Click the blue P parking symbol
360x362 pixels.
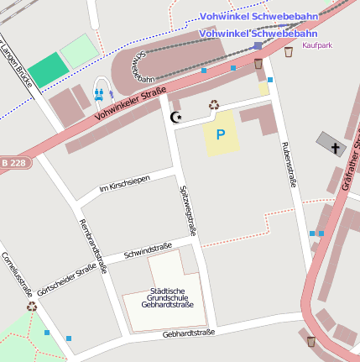[221, 134]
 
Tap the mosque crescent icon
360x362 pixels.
[176, 118]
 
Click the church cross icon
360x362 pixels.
[336, 149]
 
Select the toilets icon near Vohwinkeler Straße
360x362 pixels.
[100, 93]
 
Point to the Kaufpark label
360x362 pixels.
[317, 45]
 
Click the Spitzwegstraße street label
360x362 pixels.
[188, 209]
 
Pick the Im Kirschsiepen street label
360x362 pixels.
[126, 183]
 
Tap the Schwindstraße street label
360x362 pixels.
[147, 249]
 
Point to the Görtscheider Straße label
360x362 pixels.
[67, 279]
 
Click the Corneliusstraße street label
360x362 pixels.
[17, 274]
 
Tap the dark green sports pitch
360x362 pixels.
[45, 70]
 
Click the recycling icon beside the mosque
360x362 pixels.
[214, 105]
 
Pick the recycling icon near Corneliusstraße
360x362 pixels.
[32, 307]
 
